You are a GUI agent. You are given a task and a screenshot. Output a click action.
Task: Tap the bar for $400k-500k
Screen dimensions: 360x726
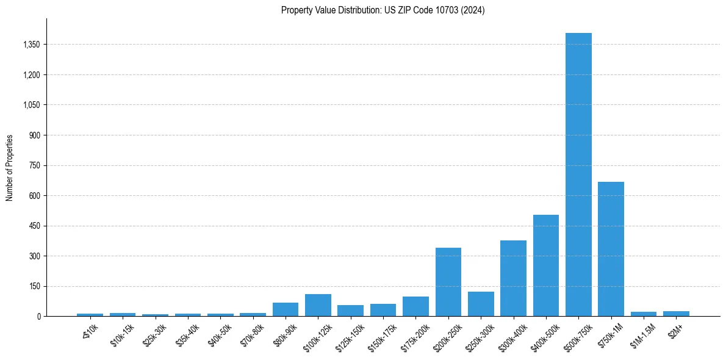click(x=545, y=265)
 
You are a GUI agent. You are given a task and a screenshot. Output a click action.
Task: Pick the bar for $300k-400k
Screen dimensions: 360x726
click(x=513, y=278)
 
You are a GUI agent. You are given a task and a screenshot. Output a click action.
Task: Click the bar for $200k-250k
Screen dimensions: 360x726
click(x=448, y=282)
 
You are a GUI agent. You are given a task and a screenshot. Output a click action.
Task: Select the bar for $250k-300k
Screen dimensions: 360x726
click(x=481, y=304)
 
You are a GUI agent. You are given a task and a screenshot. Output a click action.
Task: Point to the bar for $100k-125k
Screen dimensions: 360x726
click(x=318, y=305)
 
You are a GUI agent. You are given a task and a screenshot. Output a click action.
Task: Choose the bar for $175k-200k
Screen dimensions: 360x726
click(x=415, y=306)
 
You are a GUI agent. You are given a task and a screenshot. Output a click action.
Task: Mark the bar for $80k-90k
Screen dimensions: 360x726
click(x=286, y=309)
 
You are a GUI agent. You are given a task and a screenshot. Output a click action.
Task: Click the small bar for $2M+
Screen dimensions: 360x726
click(x=676, y=314)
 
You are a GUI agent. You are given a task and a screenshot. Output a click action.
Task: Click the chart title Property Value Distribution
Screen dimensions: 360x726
click(x=383, y=10)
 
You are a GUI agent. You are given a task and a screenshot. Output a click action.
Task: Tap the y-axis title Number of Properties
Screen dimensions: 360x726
click(x=10, y=168)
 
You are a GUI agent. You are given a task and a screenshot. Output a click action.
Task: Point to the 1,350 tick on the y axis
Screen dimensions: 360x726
click(x=31, y=45)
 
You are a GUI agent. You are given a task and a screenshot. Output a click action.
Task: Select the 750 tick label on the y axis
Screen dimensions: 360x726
click(x=34, y=165)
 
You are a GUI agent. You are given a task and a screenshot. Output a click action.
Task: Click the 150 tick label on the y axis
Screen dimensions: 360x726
click(x=34, y=286)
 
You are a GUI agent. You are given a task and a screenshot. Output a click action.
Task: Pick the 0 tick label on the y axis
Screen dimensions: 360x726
click(x=38, y=316)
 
